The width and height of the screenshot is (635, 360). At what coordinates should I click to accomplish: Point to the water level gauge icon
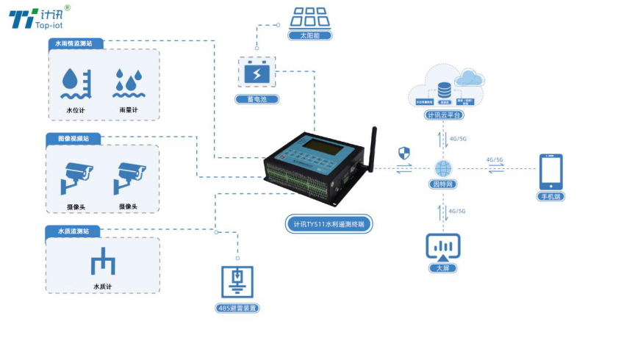(75, 84)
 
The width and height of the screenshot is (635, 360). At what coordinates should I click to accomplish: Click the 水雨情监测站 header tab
(76, 44)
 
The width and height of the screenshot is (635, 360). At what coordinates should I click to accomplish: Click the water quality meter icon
(103, 264)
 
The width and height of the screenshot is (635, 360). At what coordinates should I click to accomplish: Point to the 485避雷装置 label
(237, 308)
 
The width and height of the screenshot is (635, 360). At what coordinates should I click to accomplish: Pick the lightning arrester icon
(237, 281)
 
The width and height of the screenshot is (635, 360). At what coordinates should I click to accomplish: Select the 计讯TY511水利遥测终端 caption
(329, 223)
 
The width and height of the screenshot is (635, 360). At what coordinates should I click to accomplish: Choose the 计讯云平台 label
(444, 115)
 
